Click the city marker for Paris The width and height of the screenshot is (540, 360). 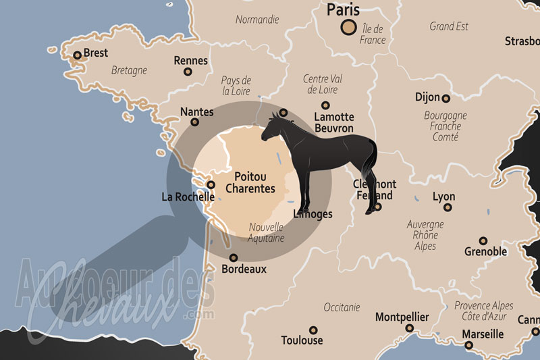coord(349,27)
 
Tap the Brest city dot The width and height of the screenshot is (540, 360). coord(78,55)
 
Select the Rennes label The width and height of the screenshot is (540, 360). coord(190,61)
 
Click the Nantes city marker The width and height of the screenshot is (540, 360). coord(195,122)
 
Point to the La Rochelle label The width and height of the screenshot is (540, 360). coord(188,197)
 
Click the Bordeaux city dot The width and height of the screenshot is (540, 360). coord(234,257)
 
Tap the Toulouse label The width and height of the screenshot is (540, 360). coord(302,340)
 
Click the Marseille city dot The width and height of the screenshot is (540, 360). coord(469,345)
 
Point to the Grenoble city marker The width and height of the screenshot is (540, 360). coord(483,240)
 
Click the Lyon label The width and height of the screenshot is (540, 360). coord(443,197)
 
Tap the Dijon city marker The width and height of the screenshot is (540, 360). coord(446,98)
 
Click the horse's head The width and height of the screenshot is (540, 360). coord(271,125)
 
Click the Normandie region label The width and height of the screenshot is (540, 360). coord(257,20)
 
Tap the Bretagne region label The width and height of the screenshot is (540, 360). coord(129,70)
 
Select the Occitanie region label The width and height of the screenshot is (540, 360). coord(342,307)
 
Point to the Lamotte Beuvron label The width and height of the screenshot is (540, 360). coord(333,122)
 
